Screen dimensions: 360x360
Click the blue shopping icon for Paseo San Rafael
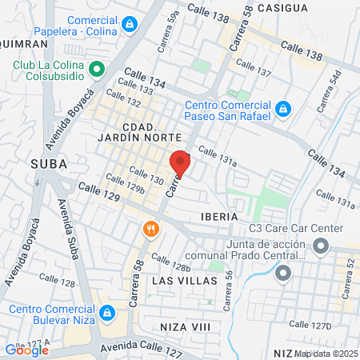tap(282, 107)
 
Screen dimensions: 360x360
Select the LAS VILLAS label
tap(177, 281)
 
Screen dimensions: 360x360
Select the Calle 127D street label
tap(310, 325)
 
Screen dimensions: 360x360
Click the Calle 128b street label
tap(170, 262)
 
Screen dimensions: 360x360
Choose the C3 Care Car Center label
tap(295, 229)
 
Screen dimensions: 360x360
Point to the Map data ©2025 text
tap(326, 353)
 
